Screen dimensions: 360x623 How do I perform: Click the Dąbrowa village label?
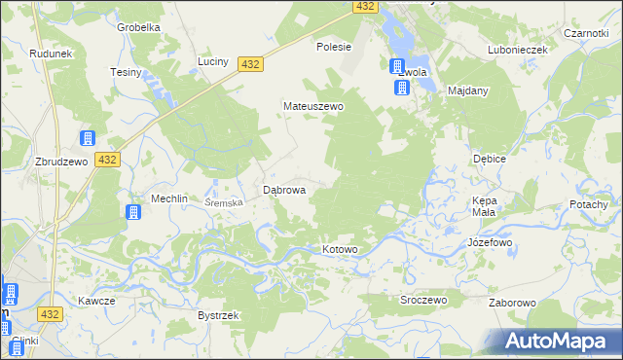[x=285, y=191]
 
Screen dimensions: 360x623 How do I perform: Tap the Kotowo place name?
[x=340, y=250]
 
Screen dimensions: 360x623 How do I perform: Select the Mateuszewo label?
[x=312, y=106]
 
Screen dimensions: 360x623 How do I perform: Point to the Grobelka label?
[x=138, y=27]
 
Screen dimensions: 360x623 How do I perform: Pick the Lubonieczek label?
[x=518, y=50]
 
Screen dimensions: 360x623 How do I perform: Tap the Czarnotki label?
[x=585, y=32]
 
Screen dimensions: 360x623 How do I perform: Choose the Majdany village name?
[x=467, y=90]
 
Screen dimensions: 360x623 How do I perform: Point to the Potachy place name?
[x=589, y=205]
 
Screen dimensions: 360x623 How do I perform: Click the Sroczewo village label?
[x=423, y=300]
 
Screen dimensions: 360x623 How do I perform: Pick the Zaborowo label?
[x=512, y=303]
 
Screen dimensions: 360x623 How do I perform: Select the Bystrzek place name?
[x=219, y=316]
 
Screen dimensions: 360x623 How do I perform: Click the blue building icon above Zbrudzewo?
[x=87, y=139]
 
